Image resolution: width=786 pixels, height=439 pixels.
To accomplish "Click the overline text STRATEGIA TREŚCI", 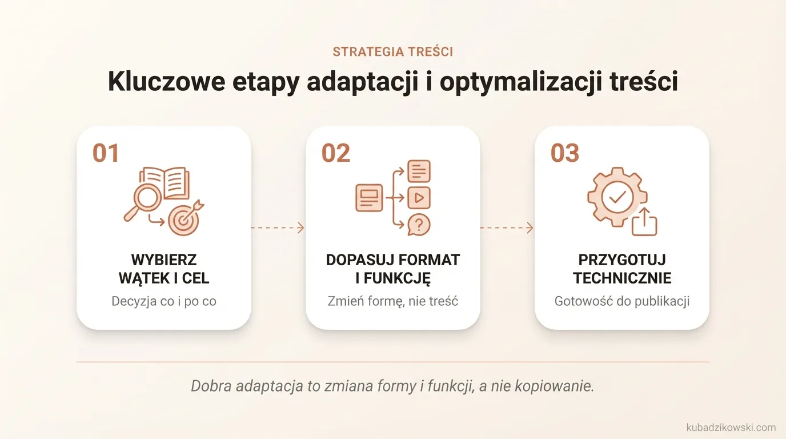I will click(x=392, y=52).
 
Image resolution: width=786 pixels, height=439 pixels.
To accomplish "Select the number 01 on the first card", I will click(x=106, y=153).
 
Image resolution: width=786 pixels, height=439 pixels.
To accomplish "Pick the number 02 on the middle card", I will click(x=335, y=153).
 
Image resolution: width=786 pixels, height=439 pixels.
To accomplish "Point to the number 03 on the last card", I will click(x=564, y=153).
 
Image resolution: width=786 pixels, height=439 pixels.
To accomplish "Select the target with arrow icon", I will click(x=185, y=219).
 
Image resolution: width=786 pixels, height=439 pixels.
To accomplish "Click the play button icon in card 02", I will click(x=419, y=198).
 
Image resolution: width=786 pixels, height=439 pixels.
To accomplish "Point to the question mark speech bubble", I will click(x=419, y=225).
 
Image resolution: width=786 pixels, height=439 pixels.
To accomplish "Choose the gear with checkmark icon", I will click(x=616, y=198).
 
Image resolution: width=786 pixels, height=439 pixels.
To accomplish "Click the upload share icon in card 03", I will click(x=644, y=222).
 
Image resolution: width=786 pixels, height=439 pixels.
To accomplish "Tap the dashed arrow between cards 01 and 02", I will click(x=278, y=228).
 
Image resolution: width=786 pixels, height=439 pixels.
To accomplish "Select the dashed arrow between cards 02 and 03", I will click(x=507, y=228).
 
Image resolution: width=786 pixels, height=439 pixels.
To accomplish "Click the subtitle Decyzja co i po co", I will click(x=164, y=301).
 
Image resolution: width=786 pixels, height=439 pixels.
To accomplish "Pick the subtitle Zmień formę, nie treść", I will click(x=393, y=301).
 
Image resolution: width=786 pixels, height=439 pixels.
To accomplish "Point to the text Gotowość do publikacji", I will click(x=622, y=301).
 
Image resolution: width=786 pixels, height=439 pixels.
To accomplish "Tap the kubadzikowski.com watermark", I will click(x=731, y=427).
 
